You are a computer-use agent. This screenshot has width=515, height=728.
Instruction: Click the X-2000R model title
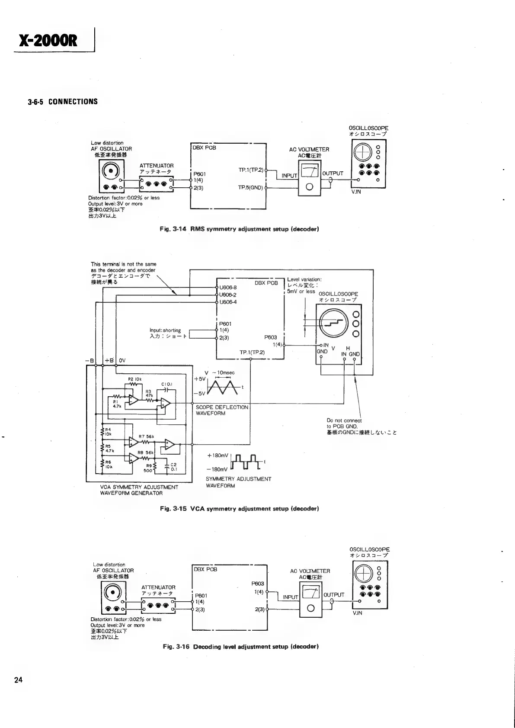(48, 40)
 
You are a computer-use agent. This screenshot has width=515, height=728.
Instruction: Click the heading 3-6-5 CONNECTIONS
(63, 102)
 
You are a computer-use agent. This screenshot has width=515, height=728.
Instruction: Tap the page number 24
(18, 680)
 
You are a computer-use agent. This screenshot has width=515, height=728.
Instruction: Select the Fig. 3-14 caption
(240, 229)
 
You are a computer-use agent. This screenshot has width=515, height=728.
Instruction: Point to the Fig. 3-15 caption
(239, 509)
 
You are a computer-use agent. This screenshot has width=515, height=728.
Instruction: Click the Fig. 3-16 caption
(241, 647)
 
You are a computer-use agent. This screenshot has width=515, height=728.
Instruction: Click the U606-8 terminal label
(228, 287)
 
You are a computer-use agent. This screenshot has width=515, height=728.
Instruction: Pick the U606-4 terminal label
(228, 302)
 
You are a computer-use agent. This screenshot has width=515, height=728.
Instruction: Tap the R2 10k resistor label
(133, 379)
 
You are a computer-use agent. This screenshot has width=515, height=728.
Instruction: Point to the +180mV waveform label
(217, 455)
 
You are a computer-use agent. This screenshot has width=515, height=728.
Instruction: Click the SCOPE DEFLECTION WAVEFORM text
(222, 410)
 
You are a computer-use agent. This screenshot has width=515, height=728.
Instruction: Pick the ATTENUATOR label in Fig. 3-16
(158, 587)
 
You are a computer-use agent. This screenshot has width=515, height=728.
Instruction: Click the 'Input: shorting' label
(165, 330)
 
